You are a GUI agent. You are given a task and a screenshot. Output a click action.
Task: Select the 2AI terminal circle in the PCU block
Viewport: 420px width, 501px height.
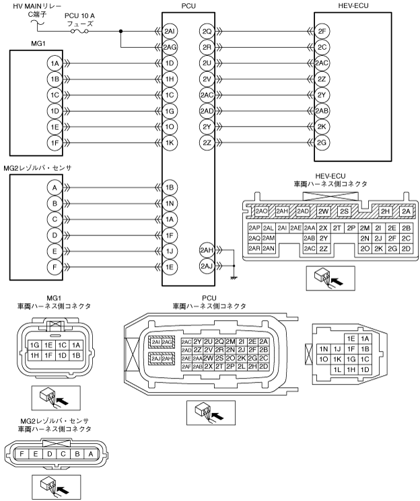coord(171,31)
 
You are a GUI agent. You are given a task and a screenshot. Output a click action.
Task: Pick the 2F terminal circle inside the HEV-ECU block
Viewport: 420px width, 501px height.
coord(323,31)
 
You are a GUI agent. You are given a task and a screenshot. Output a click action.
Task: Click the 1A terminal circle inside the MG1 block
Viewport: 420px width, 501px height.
coord(55,63)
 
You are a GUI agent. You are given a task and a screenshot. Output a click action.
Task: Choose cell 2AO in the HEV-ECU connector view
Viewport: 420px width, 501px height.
coord(262,211)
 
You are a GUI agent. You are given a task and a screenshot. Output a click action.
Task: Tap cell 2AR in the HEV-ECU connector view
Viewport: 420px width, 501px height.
coord(255,249)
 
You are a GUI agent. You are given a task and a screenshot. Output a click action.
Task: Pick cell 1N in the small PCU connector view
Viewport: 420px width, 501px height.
coord(323,349)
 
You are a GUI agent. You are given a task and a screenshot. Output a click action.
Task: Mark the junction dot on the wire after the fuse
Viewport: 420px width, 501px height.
coord(121,31)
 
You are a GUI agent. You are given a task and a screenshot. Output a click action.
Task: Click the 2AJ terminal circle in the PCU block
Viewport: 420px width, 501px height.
coord(207,266)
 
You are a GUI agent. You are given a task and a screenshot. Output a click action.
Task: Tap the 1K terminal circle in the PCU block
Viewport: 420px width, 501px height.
coord(171,143)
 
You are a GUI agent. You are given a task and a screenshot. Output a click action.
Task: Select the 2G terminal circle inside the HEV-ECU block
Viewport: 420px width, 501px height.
coord(323,143)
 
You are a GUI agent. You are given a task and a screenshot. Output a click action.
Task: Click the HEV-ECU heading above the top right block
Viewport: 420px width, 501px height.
coord(353,6)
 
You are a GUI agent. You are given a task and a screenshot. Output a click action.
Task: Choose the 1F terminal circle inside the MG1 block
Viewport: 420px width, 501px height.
coord(55,143)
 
